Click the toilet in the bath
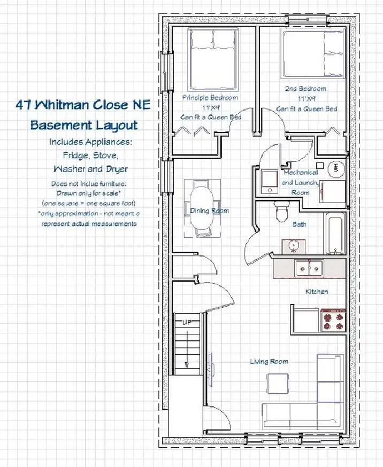pos(282,212)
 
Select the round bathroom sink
pos(294,246)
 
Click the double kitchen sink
pos(309,268)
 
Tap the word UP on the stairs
pos(187,322)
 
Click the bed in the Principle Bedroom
pos(213,59)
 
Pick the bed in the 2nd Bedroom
pos(313,54)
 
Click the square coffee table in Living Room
pos(278,384)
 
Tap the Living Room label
pos(269,362)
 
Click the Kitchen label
pos(317,291)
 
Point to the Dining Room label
pos(210,211)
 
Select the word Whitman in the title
pos(63,105)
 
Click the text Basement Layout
pos(84,125)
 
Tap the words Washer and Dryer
pos(90,169)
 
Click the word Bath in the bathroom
pos(299,224)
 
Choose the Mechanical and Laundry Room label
pos(301,182)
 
